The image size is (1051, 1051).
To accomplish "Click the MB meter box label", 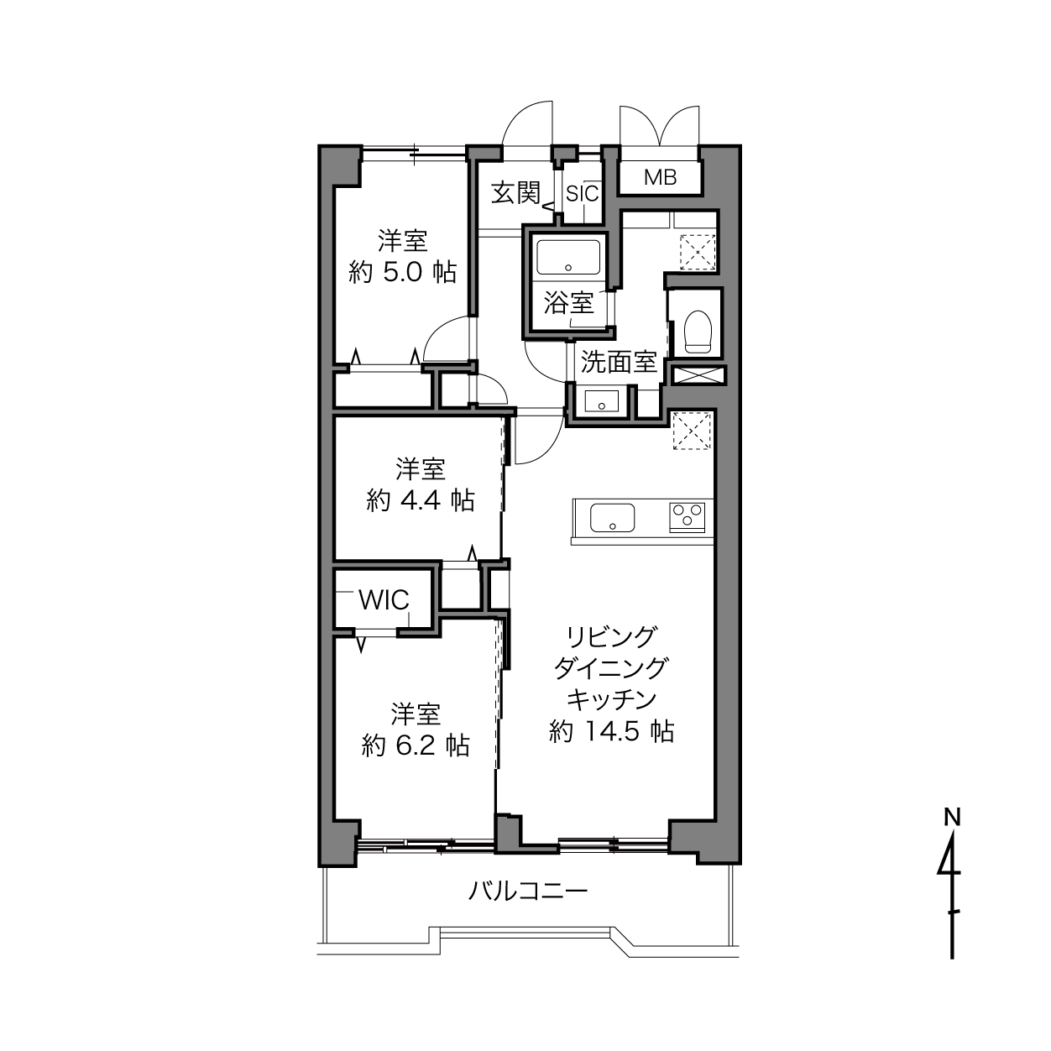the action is pyautogui.click(x=660, y=177).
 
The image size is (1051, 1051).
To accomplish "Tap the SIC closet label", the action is pyautogui.click(x=582, y=194).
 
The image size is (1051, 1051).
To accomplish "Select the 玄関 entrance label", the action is pyautogui.click(x=515, y=193).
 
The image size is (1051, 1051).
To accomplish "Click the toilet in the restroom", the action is pyautogui.click(x=698, y=332).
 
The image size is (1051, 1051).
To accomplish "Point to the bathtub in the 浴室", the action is pyautogui.click(x=568, y=257).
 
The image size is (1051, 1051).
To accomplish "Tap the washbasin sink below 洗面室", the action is pyautogui.click(x=602, y=402).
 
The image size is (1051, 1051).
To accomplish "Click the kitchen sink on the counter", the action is pyautogui.click(x=612, y=518).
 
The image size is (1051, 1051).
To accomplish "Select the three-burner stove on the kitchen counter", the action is pyautogui.click(x=687, y=517).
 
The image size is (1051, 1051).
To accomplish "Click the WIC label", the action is pyautogui.click(x=384, y=600).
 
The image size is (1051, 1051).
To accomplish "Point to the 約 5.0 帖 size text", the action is pyautogui.click(x=402, y=272).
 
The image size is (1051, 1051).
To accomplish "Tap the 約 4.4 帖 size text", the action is pyautogui.click(x=421, y=500).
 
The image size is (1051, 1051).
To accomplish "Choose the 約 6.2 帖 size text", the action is pyautogui.click(x=416, y=745).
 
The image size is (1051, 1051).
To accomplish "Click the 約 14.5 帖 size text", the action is pyautogui.click(x=611, y=731).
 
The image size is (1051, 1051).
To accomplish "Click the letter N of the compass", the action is pyautogui.click(x=952, y=817).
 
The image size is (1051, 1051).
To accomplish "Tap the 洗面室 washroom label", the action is pyautogui.click(x=618, y=362).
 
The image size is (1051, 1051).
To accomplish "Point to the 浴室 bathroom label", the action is pyautogui.click(x=568, y=303).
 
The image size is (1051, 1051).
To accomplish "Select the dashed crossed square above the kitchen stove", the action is pyautogui.click(x=692, y=431).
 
